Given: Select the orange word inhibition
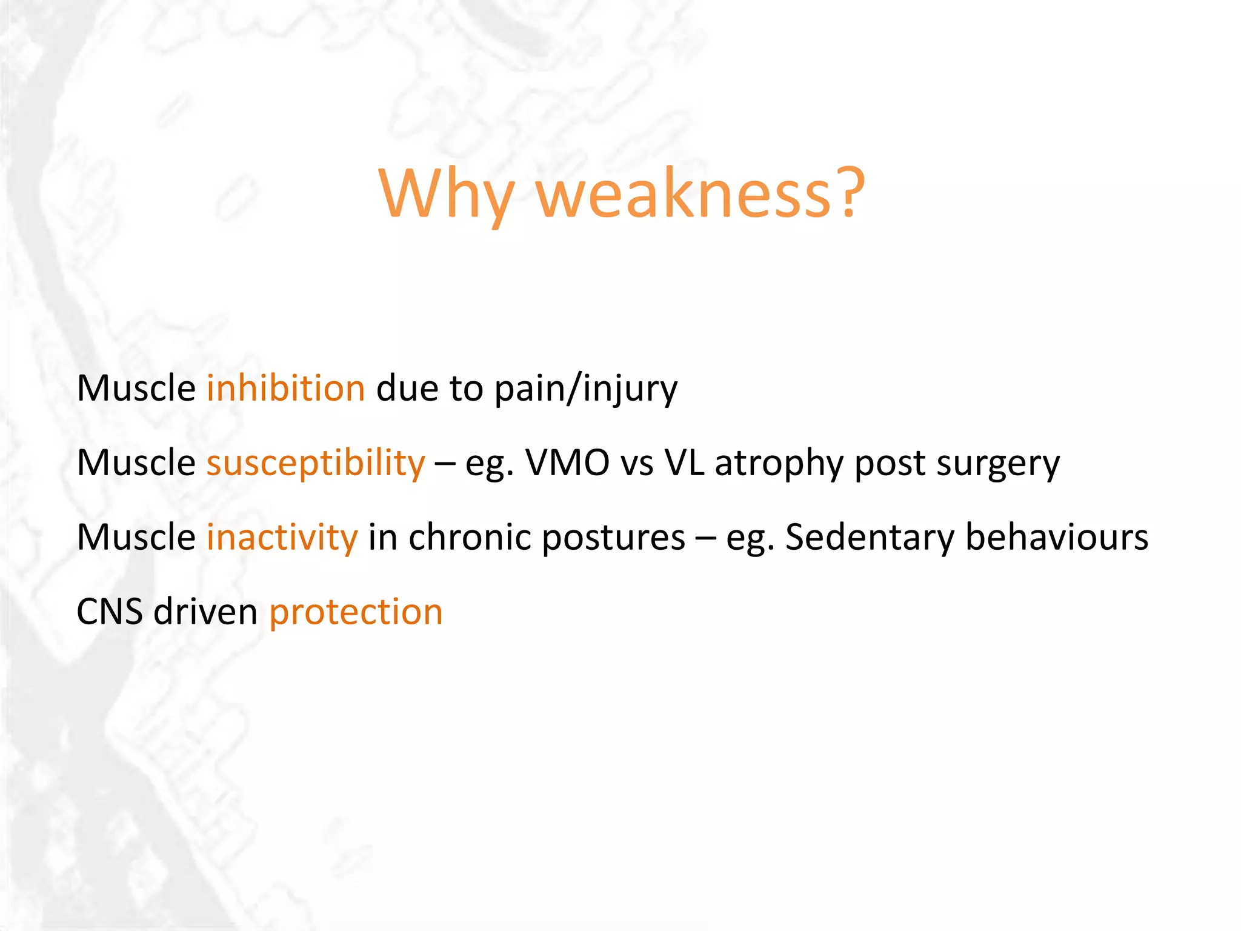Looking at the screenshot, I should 285,389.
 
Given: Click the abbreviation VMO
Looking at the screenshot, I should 567,463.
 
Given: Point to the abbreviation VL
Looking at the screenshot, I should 684,463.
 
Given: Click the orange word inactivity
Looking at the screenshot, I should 282,538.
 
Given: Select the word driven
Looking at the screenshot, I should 205,612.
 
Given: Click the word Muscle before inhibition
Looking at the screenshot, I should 136,389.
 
